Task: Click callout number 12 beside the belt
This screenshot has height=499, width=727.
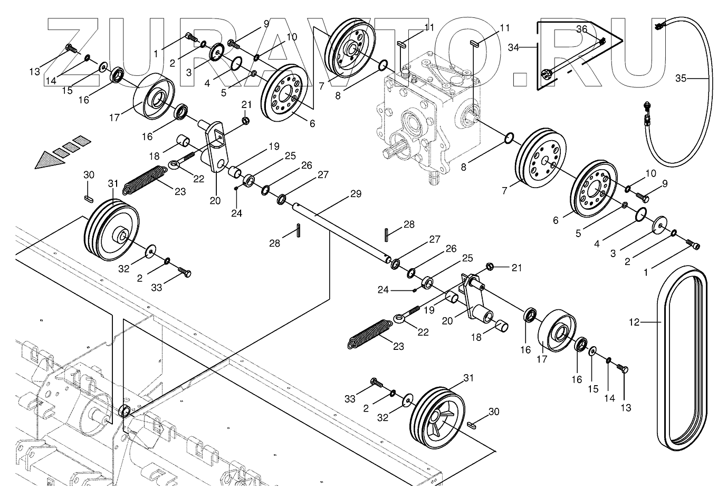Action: [634, 321]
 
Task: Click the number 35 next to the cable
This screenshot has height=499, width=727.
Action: [681, 78]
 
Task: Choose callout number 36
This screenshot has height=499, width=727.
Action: [581, 30]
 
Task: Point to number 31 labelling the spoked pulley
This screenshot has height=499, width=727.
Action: [468, 378]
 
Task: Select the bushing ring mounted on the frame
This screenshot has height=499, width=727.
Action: [125, 410]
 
